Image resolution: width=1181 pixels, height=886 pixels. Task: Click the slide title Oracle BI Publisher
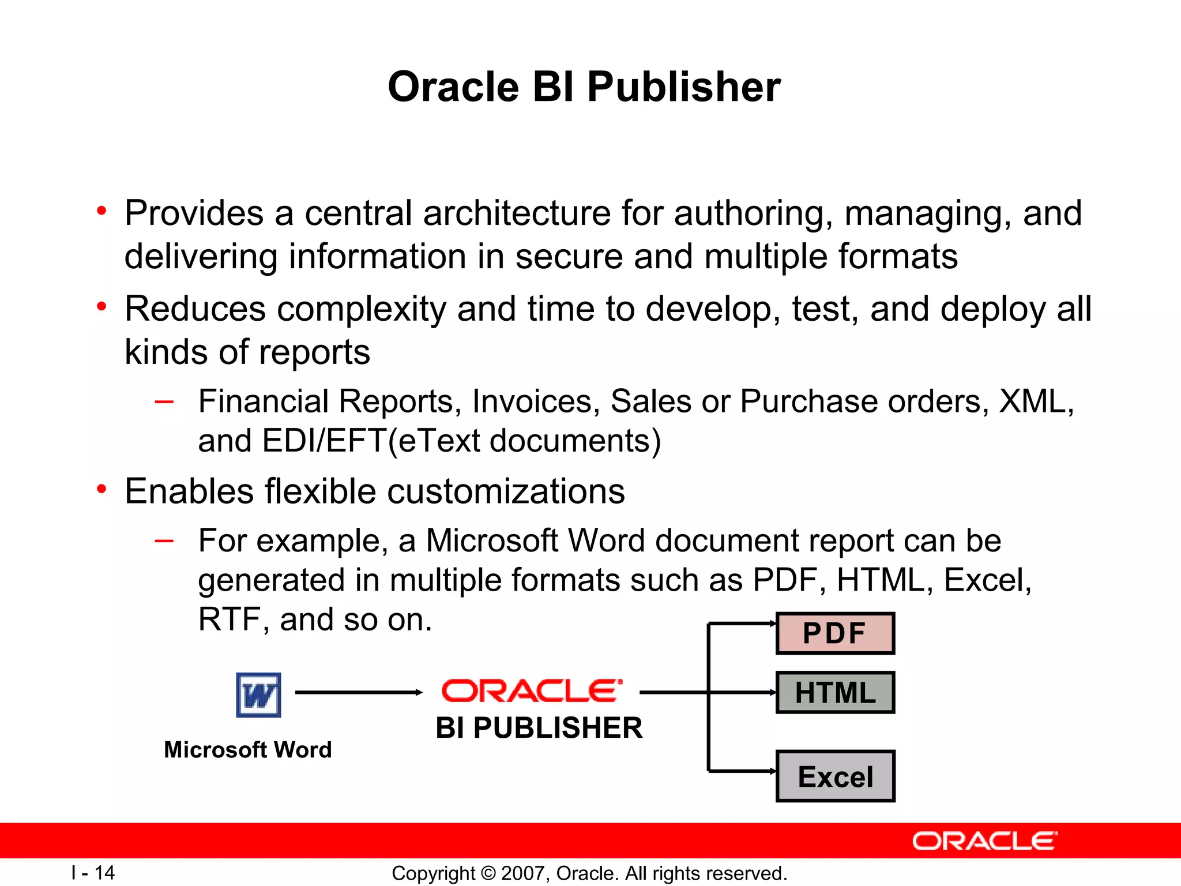584,87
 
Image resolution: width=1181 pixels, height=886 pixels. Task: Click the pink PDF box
835,633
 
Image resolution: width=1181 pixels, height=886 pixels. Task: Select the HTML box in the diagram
835,693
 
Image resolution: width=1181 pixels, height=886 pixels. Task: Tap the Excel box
835,776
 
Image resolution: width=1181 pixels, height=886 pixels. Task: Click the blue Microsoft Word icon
259,695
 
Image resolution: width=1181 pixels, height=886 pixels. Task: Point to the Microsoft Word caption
248,750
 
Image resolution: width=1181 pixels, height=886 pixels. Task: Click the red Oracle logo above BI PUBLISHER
532,691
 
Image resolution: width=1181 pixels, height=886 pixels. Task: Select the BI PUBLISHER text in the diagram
539,728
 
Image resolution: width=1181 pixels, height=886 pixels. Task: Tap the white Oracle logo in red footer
984,841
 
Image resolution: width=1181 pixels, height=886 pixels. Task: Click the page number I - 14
93,873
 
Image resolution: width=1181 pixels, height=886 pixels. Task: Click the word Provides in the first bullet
194,213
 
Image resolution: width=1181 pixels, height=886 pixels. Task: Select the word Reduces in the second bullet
195,309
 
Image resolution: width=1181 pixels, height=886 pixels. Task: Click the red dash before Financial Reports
164,401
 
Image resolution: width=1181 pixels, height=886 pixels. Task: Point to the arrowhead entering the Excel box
773,771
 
